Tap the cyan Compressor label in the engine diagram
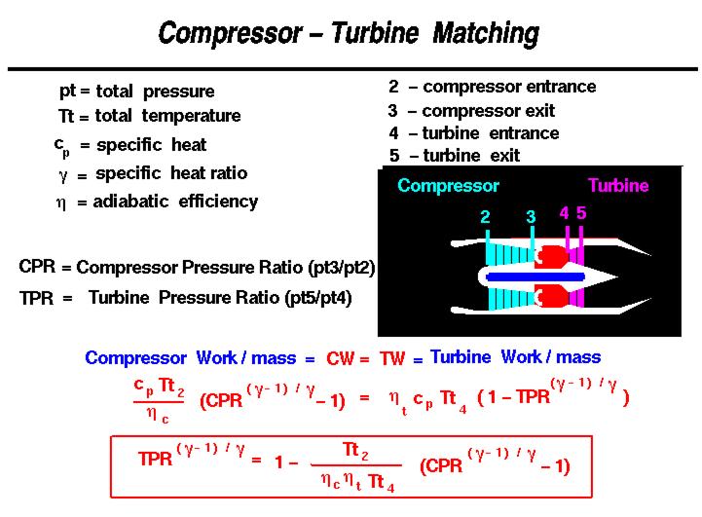pyautogui.click(x=448, y=185)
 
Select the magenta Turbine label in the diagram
pyautogui.click(x=617, y=185)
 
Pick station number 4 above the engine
pyautogui.click(x=565, y=212)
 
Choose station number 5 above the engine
pyautogui.click(x=581, y=212)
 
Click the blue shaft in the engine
pyautogui.click(x=526, y=277)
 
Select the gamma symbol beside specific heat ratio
pyautogui.click(x=64, y=174)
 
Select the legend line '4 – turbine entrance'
pyautogui.click(x=473, y=133)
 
